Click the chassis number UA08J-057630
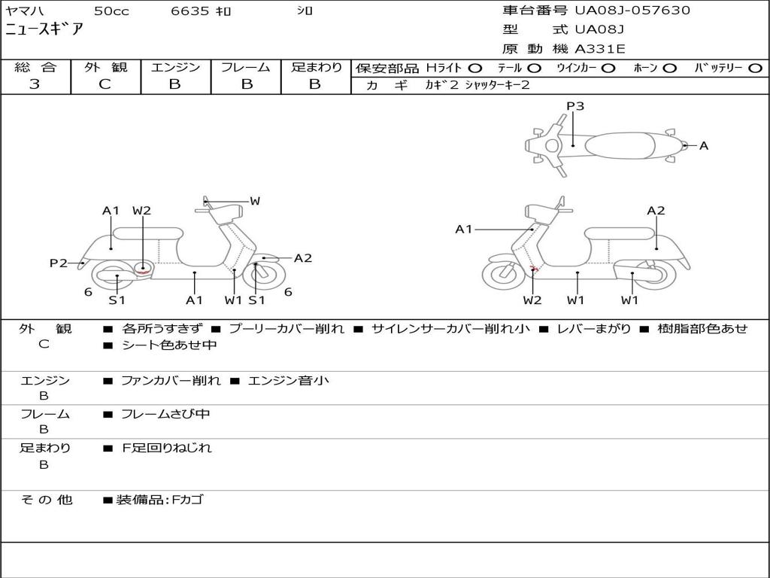point(632,11)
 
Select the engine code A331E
point(600,49)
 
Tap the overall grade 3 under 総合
point(35,84)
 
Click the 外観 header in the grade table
point(105,67)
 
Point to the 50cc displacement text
point(111,11)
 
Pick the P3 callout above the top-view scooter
point(575,106)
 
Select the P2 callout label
point(59,263)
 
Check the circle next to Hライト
point(475,68)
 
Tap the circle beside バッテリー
point(756,68)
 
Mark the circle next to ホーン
point(669,68)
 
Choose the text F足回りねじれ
point(167,448)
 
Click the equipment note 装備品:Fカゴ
point(159,500)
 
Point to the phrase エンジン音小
point(288,381)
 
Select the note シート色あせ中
point(169,345)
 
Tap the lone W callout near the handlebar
point(255,201)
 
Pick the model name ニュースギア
point(44,30)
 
